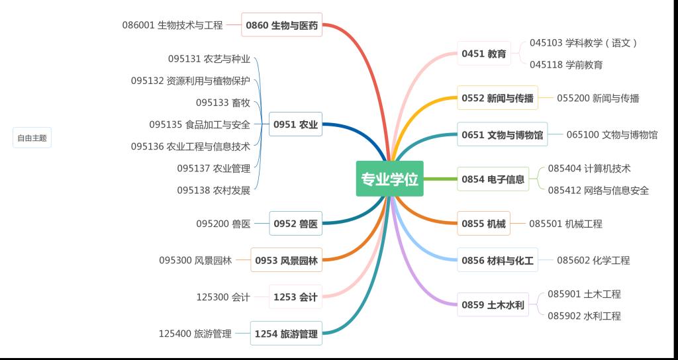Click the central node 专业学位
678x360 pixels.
coord(389,179)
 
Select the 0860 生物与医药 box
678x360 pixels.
coord(281,26)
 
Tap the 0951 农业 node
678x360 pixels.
coord(295,124)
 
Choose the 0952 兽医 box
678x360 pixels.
coord(295,224)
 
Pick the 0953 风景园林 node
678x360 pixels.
coord(286,260)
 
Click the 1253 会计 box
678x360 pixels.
coord(295,297)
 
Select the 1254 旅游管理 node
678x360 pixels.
coord(286,334)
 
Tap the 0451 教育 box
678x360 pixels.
coord(484,54)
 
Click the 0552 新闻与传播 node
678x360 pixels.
coord(497,98)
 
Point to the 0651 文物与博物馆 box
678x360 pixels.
coord(502,135)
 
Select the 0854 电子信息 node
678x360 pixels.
coord(493,179)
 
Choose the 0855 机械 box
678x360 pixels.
coord(483,224)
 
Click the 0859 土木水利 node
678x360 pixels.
coord(493,305)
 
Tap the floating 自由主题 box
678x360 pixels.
coord(32,138)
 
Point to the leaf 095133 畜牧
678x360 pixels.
coord(222,103)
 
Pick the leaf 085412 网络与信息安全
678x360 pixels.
coord(598,191)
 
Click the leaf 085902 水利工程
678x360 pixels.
coord(584,316)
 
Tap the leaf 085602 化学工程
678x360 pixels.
coord(593,261)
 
